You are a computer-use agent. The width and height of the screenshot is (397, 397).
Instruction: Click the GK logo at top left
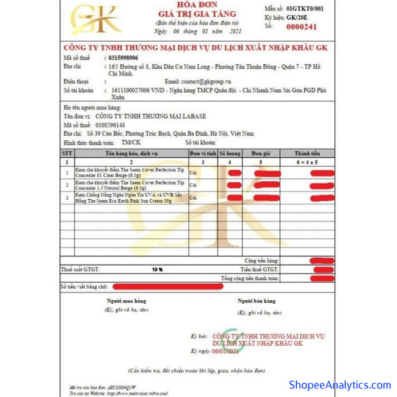tap(96, 20)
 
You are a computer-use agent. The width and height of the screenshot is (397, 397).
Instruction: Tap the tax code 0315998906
tap(123, 58)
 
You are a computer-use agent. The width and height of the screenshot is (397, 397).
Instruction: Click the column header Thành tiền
tap(307, 154)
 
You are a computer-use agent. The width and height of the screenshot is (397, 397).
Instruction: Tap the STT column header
tap(67, 154)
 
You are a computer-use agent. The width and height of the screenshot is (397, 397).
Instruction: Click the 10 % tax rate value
tap(157, 269)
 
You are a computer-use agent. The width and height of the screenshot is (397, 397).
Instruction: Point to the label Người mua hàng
tap(127, 301)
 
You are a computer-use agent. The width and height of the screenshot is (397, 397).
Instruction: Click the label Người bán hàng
tap(257, 301)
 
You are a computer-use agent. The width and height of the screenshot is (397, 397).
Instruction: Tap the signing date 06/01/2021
tap(225, 351)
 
